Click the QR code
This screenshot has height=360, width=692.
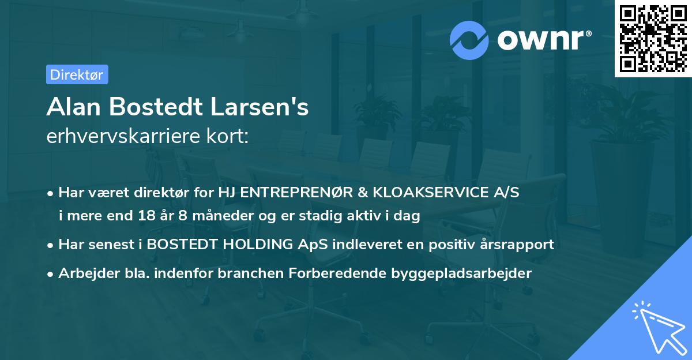pos(653,38)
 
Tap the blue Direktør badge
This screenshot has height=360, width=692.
pos(77,74)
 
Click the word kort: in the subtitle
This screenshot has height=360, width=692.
pos(230,137)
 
